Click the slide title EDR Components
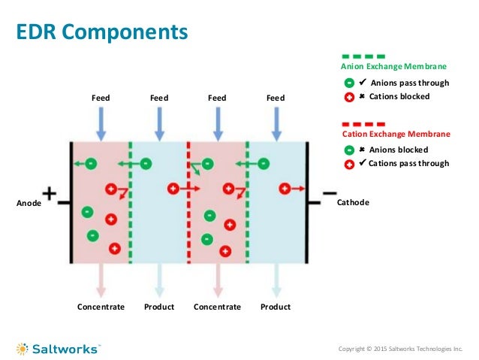coord(102,32)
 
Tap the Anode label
coord(27,203)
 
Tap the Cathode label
coord(353,203)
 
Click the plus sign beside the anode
coord(49,194)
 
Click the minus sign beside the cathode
coord(328,193)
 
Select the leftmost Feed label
coord(101,98)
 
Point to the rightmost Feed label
coord(276,98)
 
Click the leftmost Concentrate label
coord(101,307)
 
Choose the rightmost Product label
coord(276,307)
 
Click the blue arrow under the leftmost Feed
coord(101,123)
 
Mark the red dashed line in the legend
coord(364,123)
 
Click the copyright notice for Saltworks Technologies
coord(401,349)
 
